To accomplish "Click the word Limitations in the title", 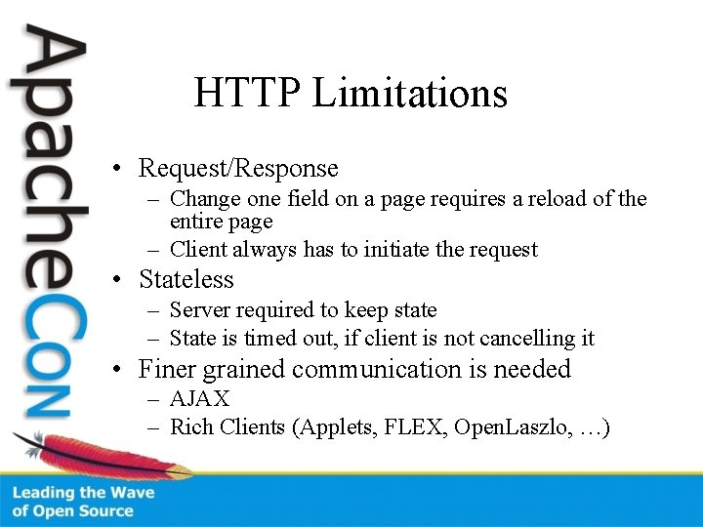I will [x=410, y=94].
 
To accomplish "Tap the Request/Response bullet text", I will [x=238, y=169].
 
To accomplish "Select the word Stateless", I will [x=186, y=280].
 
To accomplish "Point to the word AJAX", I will [x=200, y=398].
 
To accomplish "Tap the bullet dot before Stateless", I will [x=116, y=280].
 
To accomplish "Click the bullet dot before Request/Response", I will [x=116, y=169].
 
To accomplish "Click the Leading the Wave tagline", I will [x=83, y=493].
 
